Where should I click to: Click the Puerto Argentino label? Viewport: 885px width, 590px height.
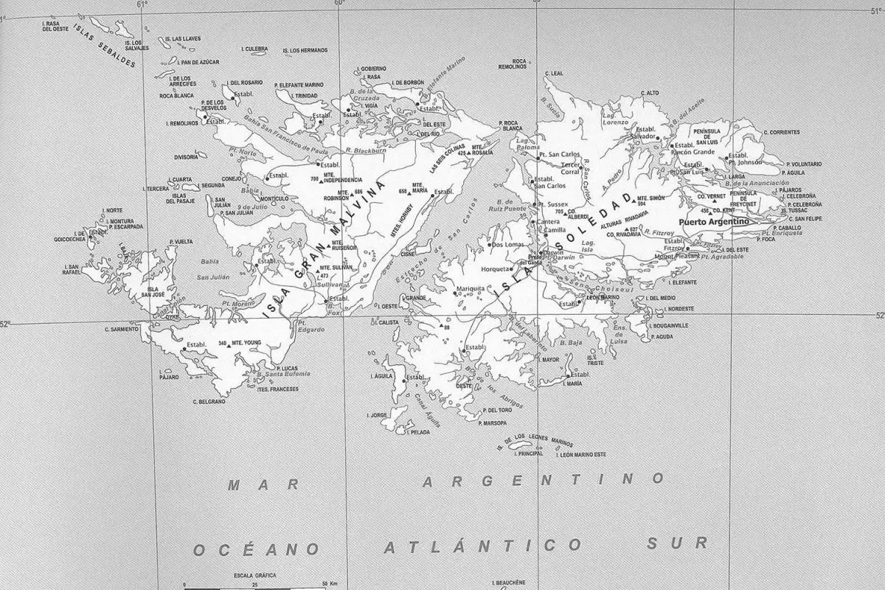tap(713, 221)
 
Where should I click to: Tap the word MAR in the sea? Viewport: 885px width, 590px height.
tap(263, 485)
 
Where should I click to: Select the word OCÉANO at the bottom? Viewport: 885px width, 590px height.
tap(256, 549)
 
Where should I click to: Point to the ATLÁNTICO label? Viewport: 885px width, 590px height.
tap(482, 546)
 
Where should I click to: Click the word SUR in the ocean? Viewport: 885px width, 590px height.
tap(677, 544)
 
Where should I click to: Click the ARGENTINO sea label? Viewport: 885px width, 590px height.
tap(538, 481)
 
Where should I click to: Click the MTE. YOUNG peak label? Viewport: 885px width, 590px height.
tap(246, 343)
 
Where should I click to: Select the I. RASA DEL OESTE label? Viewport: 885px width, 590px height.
tap(60, 27)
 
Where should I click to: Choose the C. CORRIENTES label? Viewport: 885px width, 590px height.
tap(781, 132)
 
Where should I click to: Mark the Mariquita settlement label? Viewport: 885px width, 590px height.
tap(471, 288)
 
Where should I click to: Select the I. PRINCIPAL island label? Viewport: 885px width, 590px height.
tap(530, 454)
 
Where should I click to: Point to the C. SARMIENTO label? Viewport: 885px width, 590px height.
tap(121, 329)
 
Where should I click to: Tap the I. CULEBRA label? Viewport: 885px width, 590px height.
tap(254, 49)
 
